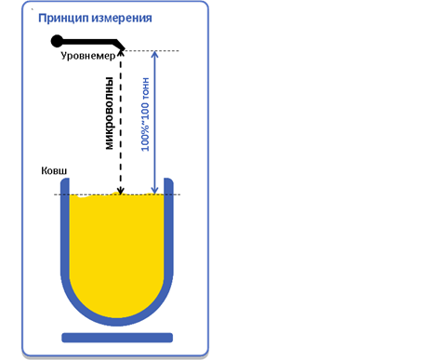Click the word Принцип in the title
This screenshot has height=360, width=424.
62,18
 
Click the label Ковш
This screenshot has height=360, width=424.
54,172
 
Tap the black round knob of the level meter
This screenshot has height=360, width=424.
58,40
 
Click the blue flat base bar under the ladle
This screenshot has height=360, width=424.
117,337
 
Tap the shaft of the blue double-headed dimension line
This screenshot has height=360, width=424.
155,121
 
